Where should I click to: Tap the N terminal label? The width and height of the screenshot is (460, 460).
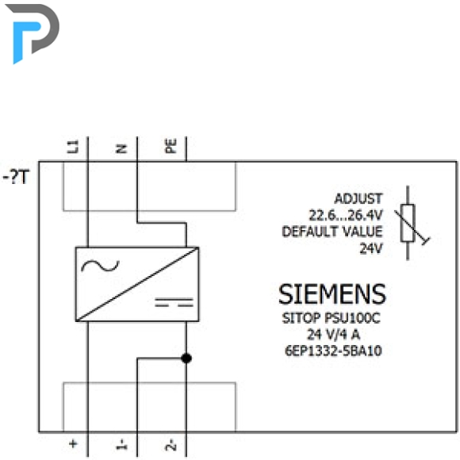[x=122, y=149]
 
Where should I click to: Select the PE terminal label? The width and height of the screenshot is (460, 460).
[x=171, y=146]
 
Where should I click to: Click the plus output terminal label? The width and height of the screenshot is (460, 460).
[x=73, y=443]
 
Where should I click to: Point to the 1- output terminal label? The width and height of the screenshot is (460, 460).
[x=122, y=444]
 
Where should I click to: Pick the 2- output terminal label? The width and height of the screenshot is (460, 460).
[x=171, y=444]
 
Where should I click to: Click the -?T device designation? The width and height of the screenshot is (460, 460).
[x=16, y=177]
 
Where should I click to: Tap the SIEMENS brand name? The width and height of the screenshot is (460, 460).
[x=332, y=294]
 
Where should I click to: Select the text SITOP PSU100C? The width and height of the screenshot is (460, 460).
[x=332, y=318]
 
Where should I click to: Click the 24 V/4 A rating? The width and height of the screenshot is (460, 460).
[x=333, y=334]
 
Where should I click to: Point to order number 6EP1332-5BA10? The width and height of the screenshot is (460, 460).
[x=333, y=351]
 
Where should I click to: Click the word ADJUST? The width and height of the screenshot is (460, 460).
[x=358, y=198]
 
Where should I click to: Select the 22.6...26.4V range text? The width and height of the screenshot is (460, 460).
[x=346, y=216]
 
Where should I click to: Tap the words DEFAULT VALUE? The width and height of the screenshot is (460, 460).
[x=332, y=232]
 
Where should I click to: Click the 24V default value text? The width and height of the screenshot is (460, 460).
[x=371, y=248]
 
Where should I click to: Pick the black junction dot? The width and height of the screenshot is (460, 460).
[x=186, y=358]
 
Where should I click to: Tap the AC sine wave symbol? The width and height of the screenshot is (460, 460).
[x=101, y=266]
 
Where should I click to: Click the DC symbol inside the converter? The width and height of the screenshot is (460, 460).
[x=174, y=302]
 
